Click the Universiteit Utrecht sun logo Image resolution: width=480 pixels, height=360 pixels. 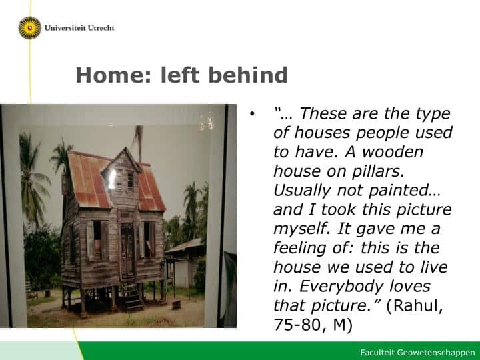(x=30, y=28)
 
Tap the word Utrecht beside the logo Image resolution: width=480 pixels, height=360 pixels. (x=101, y=28)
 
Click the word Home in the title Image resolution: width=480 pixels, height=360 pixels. (x=113, y=75)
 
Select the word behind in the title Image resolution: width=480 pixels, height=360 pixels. (x=248, y=75)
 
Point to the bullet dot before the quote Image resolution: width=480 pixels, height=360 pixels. (x=252, y=114)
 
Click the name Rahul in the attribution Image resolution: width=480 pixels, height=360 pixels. (x=415, y=305)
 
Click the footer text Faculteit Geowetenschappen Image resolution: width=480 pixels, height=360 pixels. (x=417, y=353)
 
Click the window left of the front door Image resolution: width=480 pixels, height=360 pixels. (x=97, y=240)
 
